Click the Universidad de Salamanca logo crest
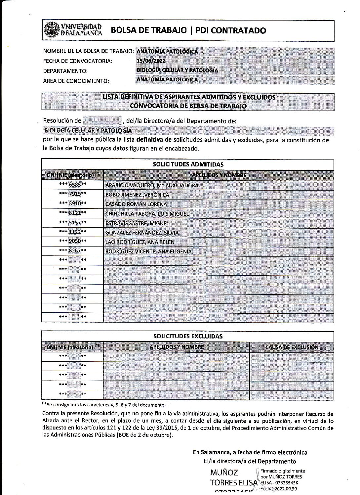click(x=51, y=29)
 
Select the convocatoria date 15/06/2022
click(x=151, y=61)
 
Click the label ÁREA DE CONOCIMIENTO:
click(x=76, y=81)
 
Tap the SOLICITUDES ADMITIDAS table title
click(x=188, y=164)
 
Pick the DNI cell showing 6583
click(x=73, y=185)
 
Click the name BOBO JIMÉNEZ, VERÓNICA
click(x=137, y=195)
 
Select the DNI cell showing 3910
click(x=73, y=203)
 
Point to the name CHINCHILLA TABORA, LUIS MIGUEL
click(x=147, y=214)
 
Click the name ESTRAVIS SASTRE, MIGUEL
click(x=137, y=223)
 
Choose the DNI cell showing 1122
click(x=73, y=232)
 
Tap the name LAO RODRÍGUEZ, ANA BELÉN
click(x=140, y=242)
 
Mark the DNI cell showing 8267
click(x=73, y=251)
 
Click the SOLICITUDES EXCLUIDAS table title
click(x=188, y=336)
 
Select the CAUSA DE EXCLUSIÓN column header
click(x=292, y=347)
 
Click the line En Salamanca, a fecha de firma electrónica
click(x=250, y=452)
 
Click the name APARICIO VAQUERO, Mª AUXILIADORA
click(x=152, y=185)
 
